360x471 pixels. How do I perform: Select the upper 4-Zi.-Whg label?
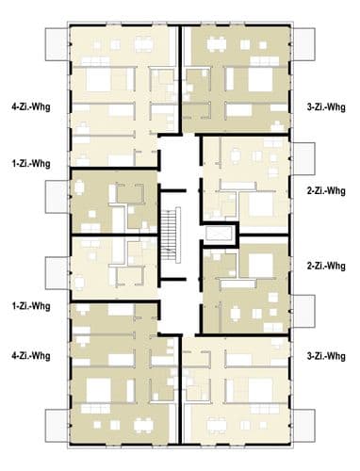[31, 107]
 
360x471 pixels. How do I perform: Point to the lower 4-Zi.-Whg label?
[31, 356]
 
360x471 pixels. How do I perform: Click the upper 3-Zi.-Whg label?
[326, 107]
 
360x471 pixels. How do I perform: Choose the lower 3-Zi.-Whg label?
[326, 356]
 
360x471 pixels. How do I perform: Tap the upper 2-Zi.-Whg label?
[326, 191]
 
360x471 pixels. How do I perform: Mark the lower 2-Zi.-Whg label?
[326, 267]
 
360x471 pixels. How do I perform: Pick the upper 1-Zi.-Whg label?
[31, 164]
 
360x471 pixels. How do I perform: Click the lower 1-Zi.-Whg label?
[31, 306]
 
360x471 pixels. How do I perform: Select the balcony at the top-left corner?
[57, 44]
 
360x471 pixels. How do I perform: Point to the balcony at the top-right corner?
[304, 44]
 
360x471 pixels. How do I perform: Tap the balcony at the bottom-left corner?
[57, 426]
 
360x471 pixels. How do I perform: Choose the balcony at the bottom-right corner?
[304, 426]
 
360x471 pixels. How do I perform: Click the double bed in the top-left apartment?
[98, 79]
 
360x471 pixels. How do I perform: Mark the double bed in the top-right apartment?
[260, 79]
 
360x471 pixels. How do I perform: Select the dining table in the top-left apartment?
[143, 44]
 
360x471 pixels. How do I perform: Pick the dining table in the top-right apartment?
[217, 44]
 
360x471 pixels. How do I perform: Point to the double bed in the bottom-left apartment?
[98, 390]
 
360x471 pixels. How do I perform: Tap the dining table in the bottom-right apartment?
[217, 426]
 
